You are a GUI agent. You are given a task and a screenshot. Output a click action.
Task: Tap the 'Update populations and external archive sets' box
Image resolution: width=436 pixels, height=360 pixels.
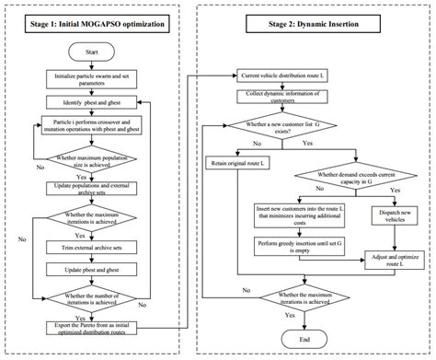90,188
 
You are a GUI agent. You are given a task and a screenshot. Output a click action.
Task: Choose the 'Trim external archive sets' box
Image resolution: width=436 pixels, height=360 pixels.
90,247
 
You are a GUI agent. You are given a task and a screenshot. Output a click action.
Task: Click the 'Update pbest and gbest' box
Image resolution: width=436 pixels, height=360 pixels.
90,271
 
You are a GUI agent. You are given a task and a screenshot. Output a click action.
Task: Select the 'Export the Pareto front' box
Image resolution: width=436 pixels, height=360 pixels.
90,328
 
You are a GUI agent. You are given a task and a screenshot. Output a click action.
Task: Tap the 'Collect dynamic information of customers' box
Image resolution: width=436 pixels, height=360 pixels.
293,97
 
